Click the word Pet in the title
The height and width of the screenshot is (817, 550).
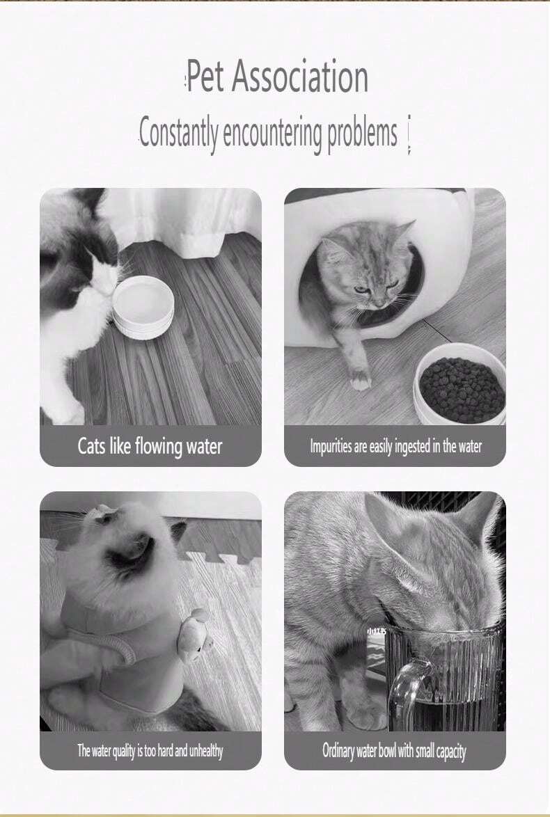(x=205, y=76)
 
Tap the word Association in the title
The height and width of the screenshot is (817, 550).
(x=300, y=76)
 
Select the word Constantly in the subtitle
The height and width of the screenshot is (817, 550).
(x=178, y=134)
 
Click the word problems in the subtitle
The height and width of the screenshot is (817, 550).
(x=362, y=134)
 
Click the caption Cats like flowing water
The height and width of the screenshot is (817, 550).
(x=150, y=447)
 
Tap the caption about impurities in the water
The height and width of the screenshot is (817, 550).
(x=395, y=447)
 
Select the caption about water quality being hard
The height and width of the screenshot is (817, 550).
(x=150, y=751)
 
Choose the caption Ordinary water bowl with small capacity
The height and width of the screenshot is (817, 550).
(x=394, y=751)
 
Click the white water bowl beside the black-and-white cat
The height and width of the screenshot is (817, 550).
(x=143, y=308)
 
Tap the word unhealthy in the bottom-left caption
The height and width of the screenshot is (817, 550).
(x=206, y=751)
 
